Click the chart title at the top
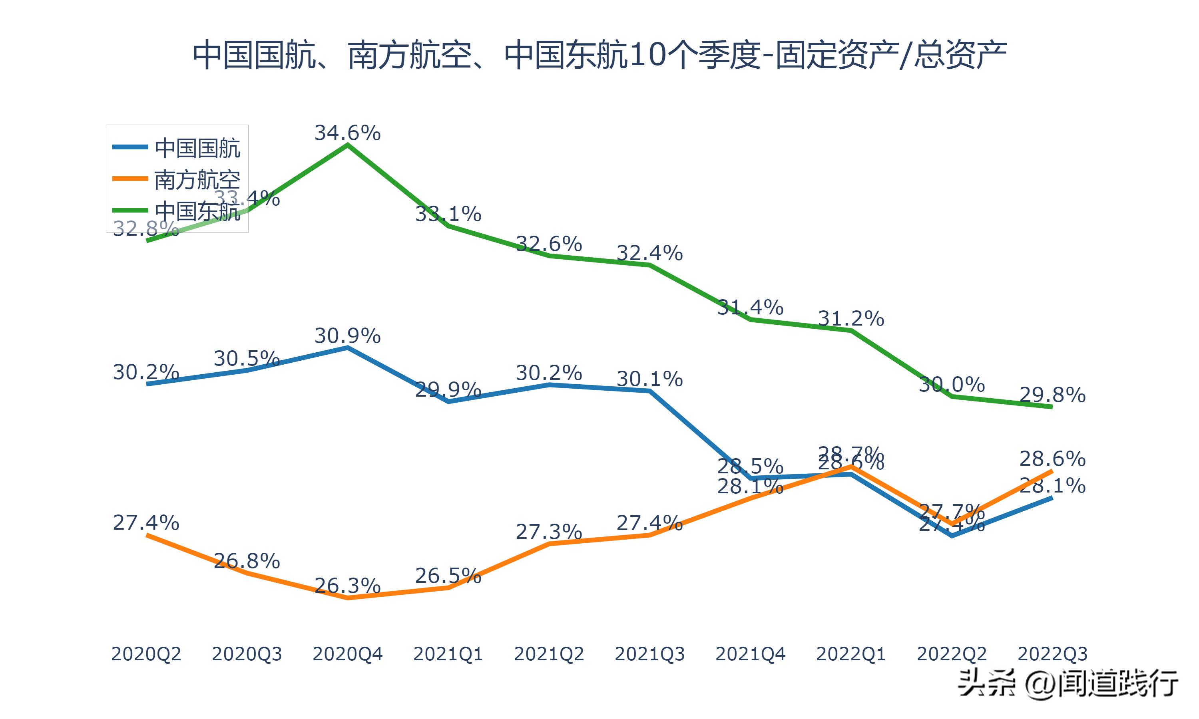coord(599,55)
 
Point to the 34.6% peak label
coord(347,133)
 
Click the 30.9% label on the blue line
coord(347,336)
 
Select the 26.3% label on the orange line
coord(347,586)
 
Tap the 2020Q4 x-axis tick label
coord(347,654)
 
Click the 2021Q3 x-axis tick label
coord(650,654)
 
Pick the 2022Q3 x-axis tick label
coord(1052,654)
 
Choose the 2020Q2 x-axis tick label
coord(146,654)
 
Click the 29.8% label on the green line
coord(1052,395)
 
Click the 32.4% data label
coord(649,253)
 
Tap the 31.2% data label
coord(851,319)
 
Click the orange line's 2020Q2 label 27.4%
coord(146,523)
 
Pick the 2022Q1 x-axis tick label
coord(851,654)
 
